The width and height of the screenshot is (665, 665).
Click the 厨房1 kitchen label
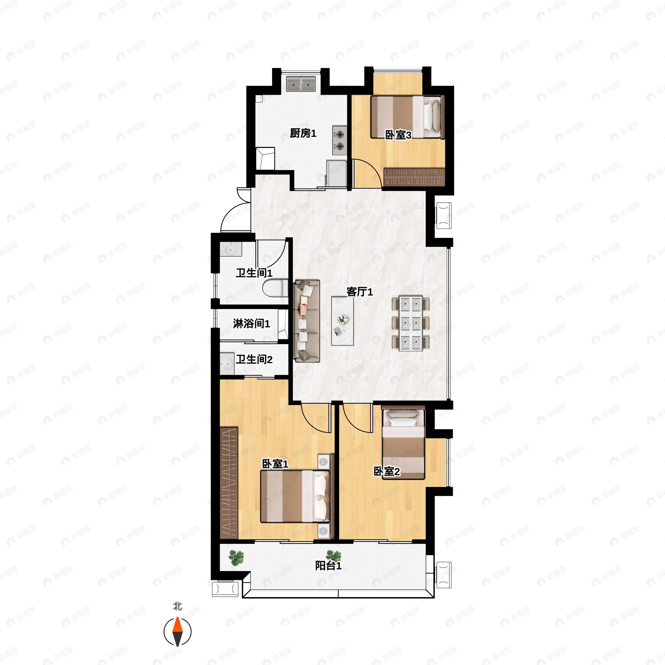pyautogui.click(x=303, y=133)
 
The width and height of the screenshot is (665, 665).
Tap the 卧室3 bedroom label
pyautogui.click(x=398, y=135)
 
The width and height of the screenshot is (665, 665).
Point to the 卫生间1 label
pyautogui.click(x=254, y=273)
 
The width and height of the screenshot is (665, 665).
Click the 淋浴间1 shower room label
pyautogui.click(x=251, y=324)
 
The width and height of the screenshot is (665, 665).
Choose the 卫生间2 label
pyautogui.click(x=254, y=359)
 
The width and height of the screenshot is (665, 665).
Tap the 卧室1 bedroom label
pyautogui.click(x=275, y=464)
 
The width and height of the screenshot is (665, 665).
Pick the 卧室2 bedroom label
pyautogui.click(x=387, y=471)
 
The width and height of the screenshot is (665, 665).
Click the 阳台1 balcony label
pyautogui.click(x=328, y=566)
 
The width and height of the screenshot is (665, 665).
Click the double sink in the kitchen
pyautogui.click(x=301, y=84)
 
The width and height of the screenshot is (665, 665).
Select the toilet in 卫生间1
pyautogui.click(x=275, y=288)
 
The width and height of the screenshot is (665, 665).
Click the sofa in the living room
pyautogui.click(x=307, y=321)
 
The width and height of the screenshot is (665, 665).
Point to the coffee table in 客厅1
pyautogui.click(x=342, y=321)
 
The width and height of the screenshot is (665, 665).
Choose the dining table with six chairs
pyautogui.click(x=411, y=323)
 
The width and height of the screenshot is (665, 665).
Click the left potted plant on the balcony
pyautogui.click(x=236, y=557)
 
